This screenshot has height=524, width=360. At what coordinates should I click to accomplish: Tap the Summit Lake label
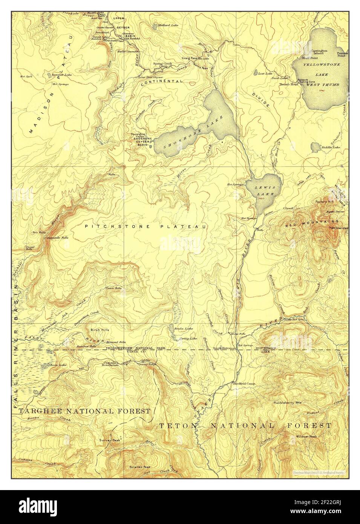(62, 75)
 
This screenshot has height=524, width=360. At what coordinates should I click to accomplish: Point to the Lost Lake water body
(255, 73)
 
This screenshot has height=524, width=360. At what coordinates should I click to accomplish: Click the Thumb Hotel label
(289, 84)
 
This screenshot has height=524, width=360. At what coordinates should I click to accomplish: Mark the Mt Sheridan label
(339, 228)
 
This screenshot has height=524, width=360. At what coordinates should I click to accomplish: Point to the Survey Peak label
(110, 440)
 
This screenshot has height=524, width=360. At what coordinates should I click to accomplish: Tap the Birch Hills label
(100, 329)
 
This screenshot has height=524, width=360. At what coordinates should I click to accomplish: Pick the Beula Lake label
(184, 329)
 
